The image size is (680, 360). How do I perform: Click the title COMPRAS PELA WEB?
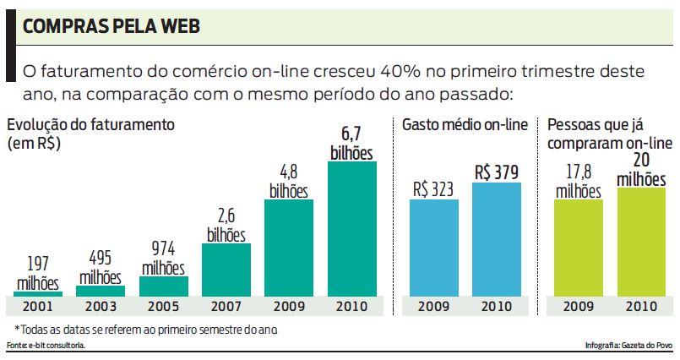111,28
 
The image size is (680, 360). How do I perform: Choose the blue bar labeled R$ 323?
434,247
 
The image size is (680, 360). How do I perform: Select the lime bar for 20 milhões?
640,241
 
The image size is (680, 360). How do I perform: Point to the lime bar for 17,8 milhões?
578,247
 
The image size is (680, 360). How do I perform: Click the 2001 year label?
37,305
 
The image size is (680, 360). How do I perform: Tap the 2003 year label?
101,305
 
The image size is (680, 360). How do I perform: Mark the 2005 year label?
163,305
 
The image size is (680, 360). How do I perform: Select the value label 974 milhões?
163,259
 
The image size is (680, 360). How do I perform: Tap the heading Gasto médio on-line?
465,125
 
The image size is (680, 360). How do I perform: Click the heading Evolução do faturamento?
90,125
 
